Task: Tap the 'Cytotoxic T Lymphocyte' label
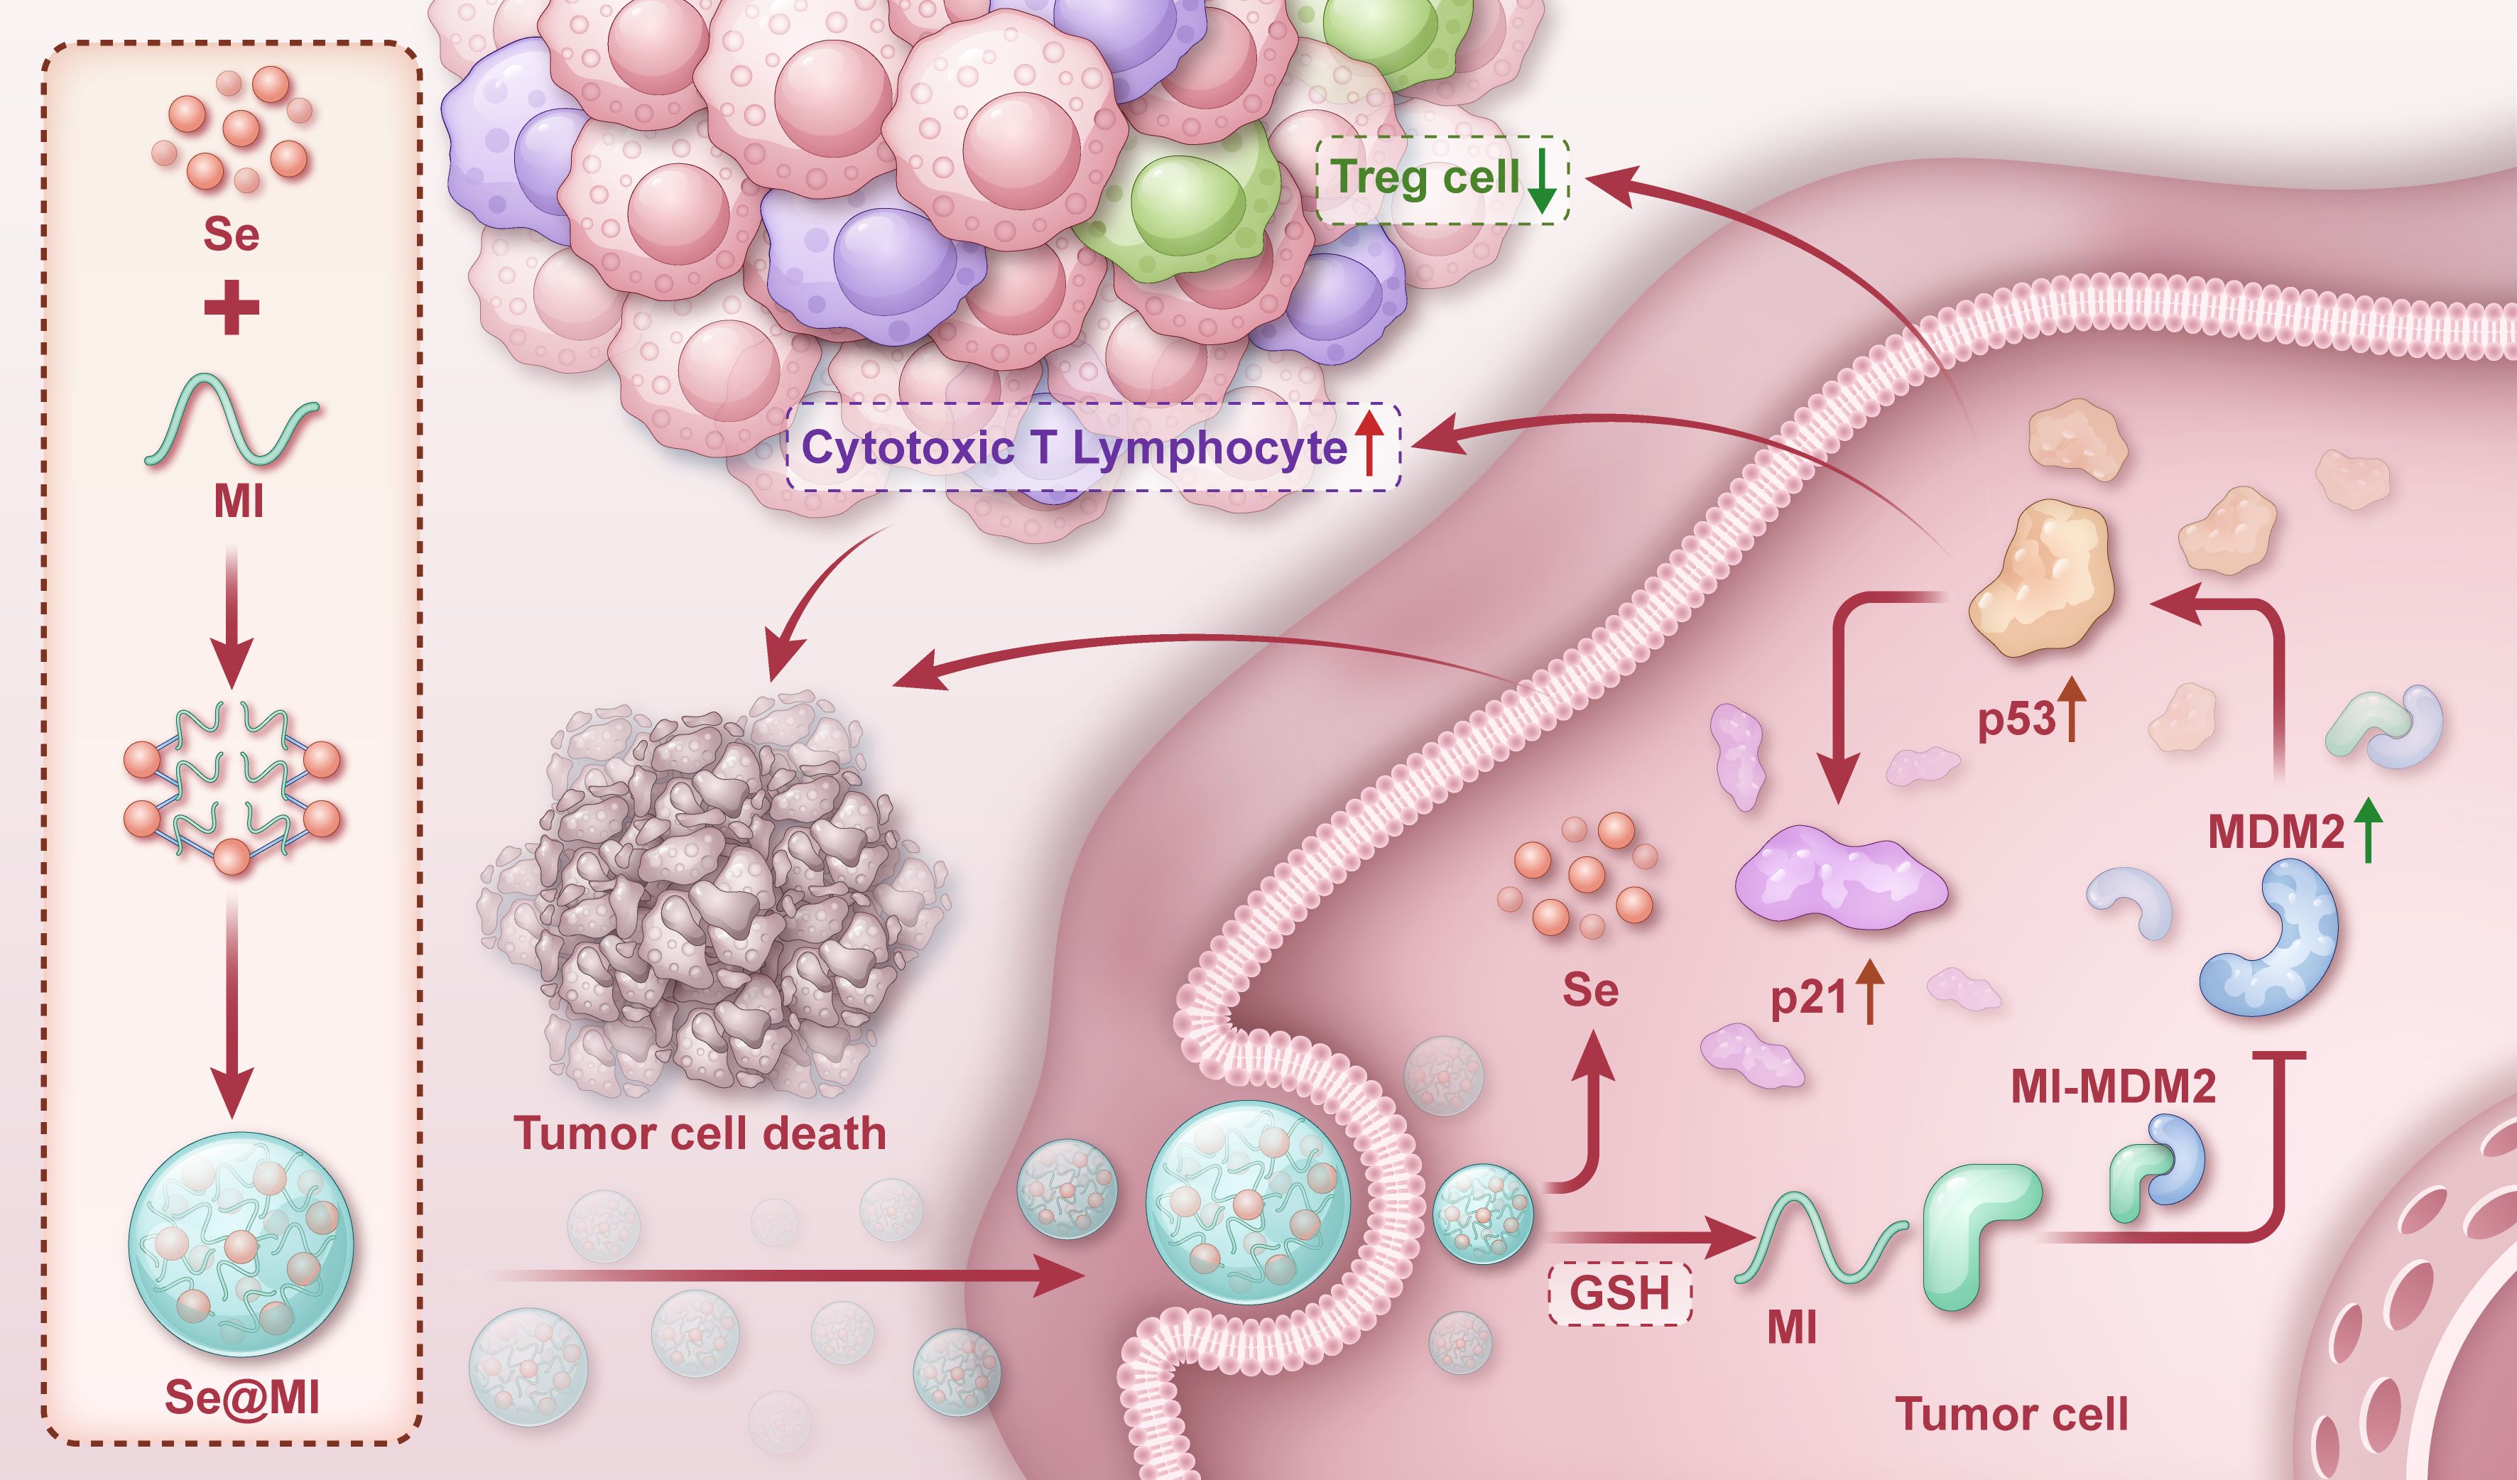tap(1074, 447)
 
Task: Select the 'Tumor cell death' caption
tap(699, 1133)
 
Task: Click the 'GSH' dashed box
tap(1619, 1293)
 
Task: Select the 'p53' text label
tap(2016, 719)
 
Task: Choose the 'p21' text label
tap(1809, 996)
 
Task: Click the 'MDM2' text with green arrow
tap(2276, 832)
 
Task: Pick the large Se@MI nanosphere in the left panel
tap(240, 1244)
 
